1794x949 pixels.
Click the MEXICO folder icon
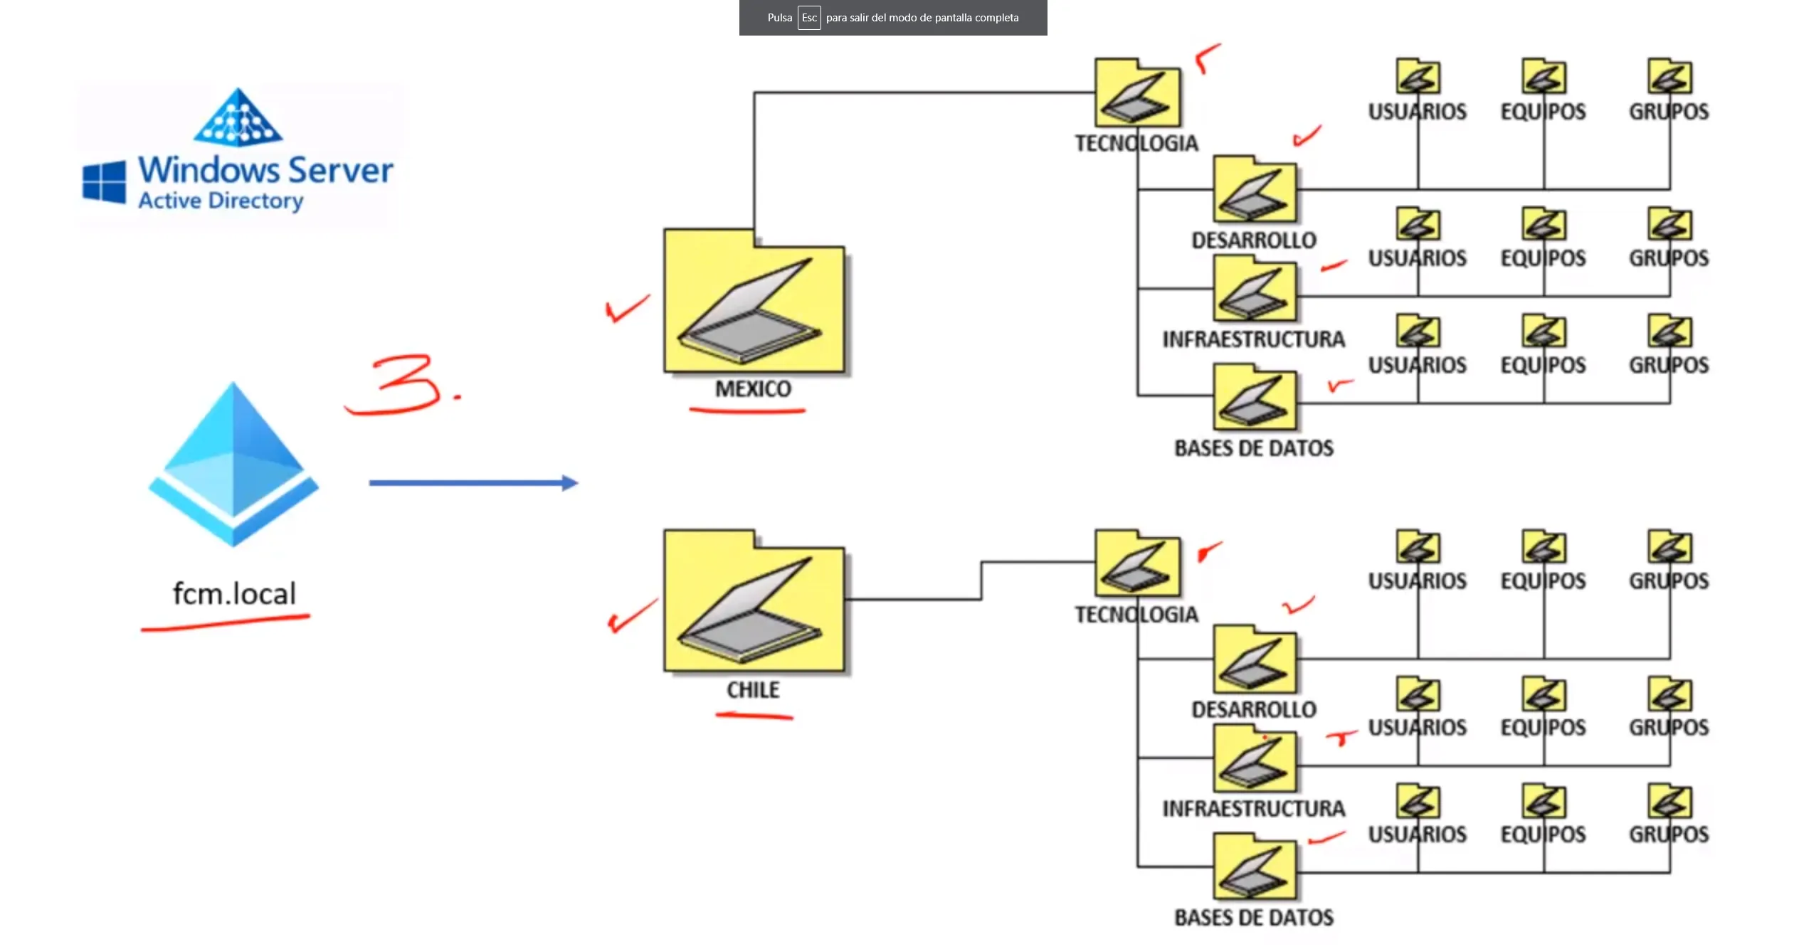pyautogui.click(x=754, y=302)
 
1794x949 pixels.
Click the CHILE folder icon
pyautogui.click(x=754, y=603)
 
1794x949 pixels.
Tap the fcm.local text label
pyautogui.click(x=234, y=593)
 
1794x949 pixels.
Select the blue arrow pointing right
pyautogui.click(x=473, y=483)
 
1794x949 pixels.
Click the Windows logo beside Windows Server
pyautogui.click(x=104, y=181)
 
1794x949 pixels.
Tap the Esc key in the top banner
pyautogui.click(x=808, y=18)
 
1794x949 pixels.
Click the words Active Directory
pyautogui.click(x=221, y=201)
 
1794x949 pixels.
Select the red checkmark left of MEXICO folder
pyautogui.click(x=626, y=309)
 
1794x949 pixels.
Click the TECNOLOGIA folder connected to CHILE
pyautogui.click(x=1137, y=563)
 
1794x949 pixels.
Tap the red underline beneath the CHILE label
pyautogui.click(x=754, y=716)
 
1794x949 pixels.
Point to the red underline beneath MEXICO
pyautogui.click(x=747, y=410)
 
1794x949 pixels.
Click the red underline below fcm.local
pyautogui.click(x=225, y=623)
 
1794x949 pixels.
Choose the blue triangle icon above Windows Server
pyautogui.click(x=238, y=118)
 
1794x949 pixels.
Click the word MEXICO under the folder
pyautogui.click(x=753, y=389)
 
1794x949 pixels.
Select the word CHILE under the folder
pyautogui.click(x=753, y=690)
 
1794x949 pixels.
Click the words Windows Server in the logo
pyautogui.click(x=265, y=171)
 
